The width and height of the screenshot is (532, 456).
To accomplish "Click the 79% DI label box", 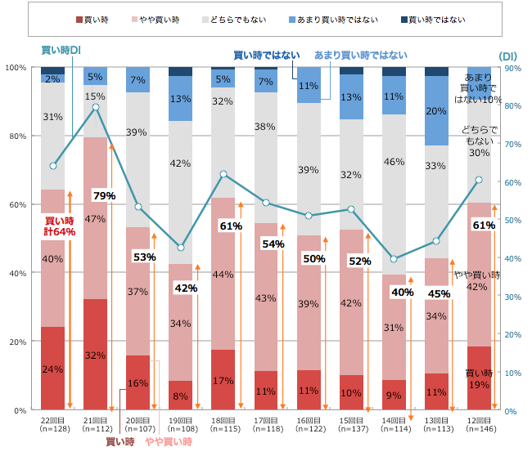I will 104,196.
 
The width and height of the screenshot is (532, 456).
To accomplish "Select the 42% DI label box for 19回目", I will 186,288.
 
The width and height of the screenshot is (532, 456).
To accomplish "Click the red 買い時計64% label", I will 60,226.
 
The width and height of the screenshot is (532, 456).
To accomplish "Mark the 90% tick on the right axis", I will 510,68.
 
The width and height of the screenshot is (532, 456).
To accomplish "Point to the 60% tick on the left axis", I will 16,205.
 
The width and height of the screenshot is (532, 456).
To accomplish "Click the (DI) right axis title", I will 508,56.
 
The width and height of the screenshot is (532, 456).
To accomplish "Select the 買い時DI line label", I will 61,51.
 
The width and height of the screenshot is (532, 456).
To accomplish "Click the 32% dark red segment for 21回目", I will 96,355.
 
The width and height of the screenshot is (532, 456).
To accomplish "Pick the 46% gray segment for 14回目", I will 394,162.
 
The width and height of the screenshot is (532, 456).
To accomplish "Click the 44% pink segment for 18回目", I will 223,275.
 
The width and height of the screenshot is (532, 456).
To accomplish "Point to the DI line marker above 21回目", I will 96,107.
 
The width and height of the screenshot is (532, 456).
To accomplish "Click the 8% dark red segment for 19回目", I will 181,396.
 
